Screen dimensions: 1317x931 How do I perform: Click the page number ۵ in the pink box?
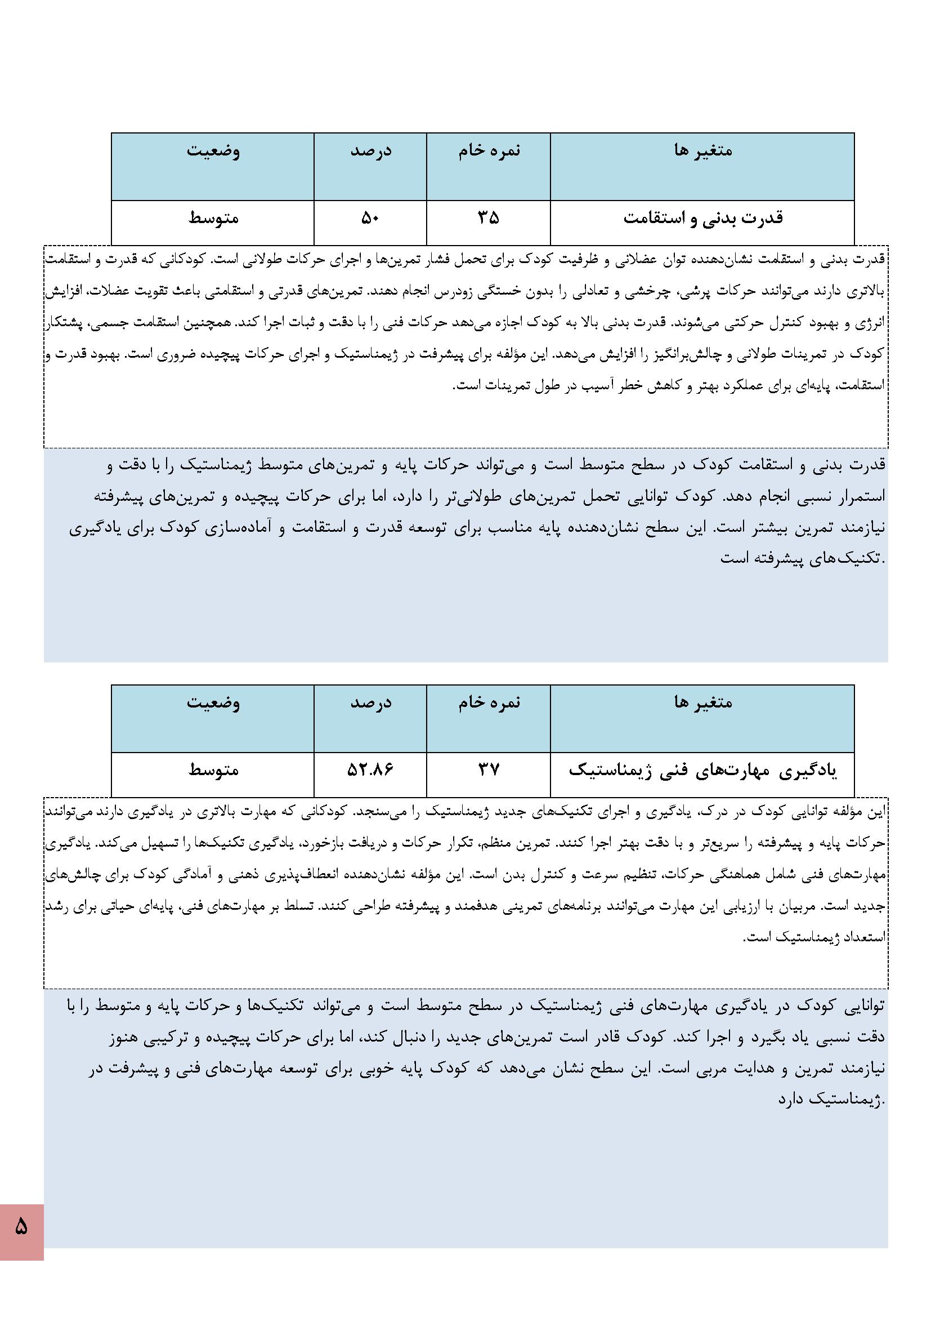[21, 1227]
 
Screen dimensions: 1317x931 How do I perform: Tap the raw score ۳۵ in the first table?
[489, 218]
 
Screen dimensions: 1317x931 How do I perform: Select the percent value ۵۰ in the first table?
[370, 218]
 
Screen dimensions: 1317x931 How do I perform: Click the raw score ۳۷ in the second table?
[489, 769]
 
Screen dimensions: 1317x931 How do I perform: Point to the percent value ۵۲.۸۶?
[370, 769]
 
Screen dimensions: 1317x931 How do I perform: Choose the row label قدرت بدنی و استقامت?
[703, 219]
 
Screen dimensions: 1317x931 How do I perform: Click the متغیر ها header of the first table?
[703, 151]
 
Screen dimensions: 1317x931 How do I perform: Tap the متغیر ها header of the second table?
[703, 702]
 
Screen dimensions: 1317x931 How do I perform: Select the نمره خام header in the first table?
[489, 151]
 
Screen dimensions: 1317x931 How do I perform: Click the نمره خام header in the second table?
[489, 702]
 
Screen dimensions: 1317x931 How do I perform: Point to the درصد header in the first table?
[370, 151]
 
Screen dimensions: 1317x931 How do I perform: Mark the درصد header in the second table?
[370, 702]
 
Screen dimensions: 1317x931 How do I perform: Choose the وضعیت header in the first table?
[213, 151]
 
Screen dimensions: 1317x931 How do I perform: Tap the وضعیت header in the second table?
[213, 702]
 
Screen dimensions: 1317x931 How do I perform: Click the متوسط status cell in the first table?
[213, 219]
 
